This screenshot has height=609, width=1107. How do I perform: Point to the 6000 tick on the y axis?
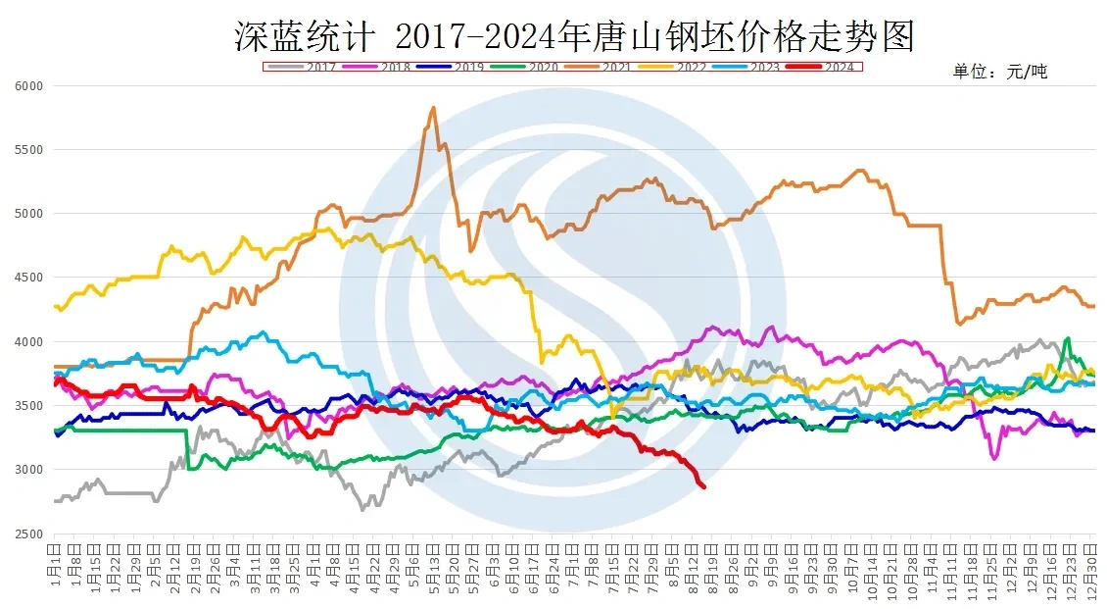pos(29,86)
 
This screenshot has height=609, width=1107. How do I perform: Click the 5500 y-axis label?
pos(29,150)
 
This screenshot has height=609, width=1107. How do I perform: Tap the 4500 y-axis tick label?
pos(29,278)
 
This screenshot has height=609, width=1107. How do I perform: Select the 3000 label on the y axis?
pos(29,470)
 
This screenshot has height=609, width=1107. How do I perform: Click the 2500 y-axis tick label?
pos(29,533)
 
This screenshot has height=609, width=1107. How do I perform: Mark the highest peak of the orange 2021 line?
pos(433,108)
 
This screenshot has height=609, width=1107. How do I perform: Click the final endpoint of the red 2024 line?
pos(703,486)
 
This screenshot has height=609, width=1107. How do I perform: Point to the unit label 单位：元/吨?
pos(1000,72)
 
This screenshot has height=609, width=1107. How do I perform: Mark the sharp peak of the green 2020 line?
pos(1067,338)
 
